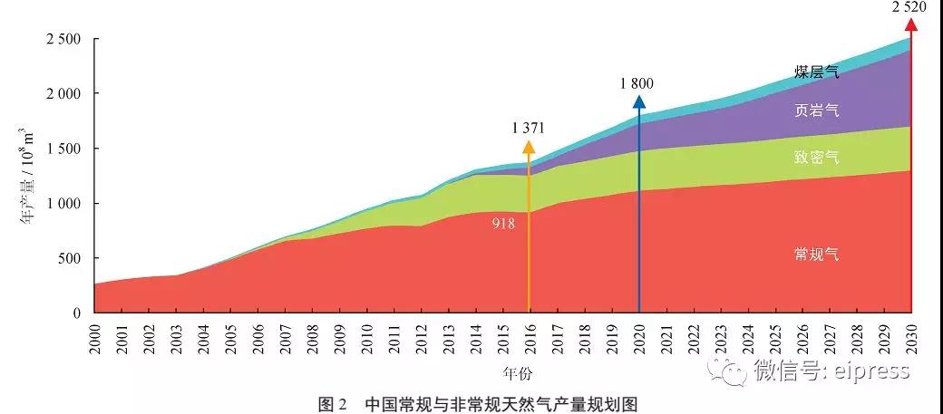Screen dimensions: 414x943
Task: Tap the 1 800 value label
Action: pyautogui.click(x=637, y=83)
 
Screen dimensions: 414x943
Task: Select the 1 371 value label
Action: pyautogui.click(x=528, y=127)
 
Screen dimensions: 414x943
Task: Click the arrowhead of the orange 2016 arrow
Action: pyautogui.click(x=529, y=145)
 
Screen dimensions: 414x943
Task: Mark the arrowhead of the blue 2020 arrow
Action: pyautogui.click(x=639, y=101)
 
